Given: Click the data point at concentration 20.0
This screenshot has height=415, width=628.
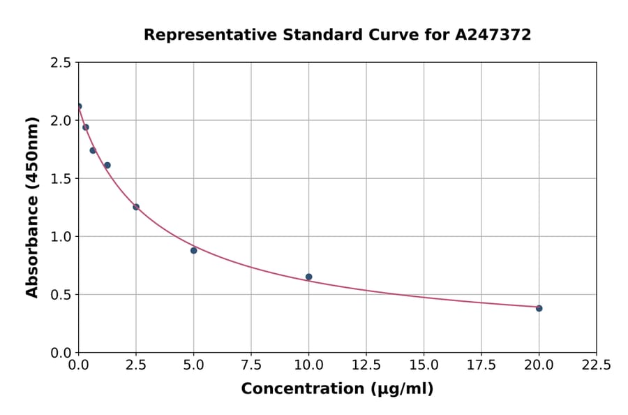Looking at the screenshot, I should (539, 308).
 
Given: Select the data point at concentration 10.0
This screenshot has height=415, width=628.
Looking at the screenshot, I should (308, 277).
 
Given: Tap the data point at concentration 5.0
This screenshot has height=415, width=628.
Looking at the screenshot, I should (193, 250).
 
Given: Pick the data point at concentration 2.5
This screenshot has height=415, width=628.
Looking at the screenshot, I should (136, 207).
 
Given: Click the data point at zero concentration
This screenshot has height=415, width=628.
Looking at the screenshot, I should (79, 106).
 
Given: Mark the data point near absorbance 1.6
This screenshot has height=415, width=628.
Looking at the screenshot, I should (107, 166).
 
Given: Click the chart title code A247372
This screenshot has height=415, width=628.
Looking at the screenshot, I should (493, 35).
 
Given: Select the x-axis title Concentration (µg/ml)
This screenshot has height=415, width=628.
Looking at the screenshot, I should (337, 389).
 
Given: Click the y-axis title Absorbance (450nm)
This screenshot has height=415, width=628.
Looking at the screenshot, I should (32, 207).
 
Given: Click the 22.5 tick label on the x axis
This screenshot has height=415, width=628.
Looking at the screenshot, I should (596, 365).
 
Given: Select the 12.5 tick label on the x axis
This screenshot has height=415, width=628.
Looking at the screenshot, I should (366, 365).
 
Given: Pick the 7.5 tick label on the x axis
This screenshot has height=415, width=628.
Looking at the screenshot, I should (251, 365).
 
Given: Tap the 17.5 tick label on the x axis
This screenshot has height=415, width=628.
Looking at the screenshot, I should (481, 365).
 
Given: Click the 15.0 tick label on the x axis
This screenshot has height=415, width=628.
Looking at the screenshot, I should (424, 365).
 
